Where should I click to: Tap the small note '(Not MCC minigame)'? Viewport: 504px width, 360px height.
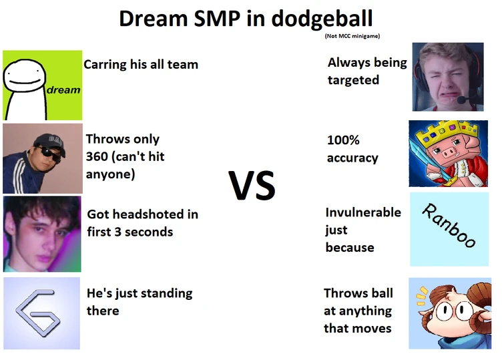352,36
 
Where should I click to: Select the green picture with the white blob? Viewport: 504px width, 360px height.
42,85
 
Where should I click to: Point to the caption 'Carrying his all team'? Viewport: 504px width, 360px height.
141,65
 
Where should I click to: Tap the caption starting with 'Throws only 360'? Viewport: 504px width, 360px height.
125,156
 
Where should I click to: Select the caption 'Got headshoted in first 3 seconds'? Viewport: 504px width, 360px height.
142,223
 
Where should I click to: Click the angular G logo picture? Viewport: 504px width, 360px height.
41,313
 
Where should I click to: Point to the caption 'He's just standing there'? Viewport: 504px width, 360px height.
139,301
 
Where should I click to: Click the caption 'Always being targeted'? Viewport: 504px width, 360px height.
366,71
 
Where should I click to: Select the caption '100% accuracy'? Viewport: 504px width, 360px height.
352,149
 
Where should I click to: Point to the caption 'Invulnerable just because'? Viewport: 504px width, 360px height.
362,230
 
